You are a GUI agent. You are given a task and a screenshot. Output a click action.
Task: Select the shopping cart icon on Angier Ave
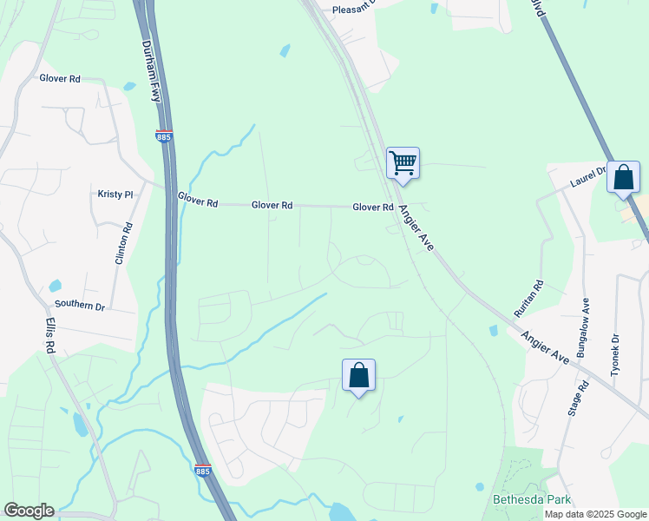[403, 162]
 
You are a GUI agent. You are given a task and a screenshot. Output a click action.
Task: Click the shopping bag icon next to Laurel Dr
[623, 177]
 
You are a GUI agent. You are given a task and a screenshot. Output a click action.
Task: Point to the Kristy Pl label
[115, 195]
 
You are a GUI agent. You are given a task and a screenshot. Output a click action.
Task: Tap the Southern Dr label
[80, 306]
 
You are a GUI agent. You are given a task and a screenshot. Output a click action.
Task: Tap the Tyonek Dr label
[615, 355]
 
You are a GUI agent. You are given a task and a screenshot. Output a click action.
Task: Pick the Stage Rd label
[574, 397]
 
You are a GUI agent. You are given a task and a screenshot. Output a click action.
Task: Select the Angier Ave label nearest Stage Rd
[545, 346]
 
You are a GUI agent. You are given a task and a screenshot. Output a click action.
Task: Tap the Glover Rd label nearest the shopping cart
[373, 208]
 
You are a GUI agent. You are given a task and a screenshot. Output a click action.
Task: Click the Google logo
[29, 511]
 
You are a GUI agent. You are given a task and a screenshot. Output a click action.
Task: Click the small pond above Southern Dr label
[56, 286]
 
